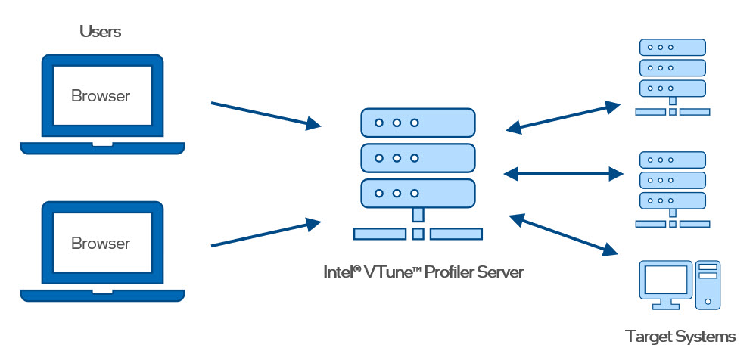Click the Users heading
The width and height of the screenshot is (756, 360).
coord(101,32)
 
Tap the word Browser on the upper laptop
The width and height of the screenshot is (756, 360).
coord(101,96)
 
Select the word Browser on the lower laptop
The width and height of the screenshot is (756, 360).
coord(101,244)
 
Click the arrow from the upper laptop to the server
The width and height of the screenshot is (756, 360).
coord(265,113)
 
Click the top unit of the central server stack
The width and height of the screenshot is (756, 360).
coord(418,122)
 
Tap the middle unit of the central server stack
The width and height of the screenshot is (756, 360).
coord(418,158)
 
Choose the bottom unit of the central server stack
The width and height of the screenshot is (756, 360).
coord(418,194)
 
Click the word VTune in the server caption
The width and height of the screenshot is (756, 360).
coord(388,272)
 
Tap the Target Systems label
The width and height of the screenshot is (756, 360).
coord(680,336)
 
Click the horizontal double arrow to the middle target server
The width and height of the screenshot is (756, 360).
coord(563,173)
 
